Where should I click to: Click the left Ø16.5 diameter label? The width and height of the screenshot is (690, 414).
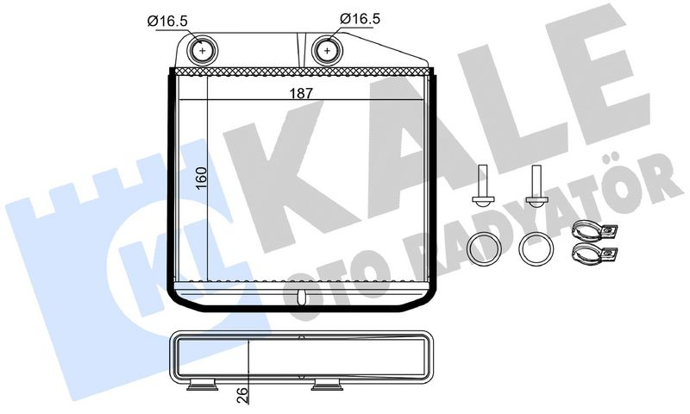point(167,20)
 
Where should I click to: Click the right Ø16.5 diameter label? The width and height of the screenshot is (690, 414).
point(360,18)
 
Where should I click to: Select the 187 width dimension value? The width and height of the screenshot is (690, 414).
point(301,93)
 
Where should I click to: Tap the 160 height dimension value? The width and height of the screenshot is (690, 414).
point(201,179)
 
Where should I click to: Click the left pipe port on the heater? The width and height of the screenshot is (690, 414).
point(203,51)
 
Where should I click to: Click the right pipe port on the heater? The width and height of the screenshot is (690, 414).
point(328,51)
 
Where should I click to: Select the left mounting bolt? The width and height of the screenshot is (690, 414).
point(483,185)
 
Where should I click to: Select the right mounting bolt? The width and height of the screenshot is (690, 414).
point(536,185)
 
